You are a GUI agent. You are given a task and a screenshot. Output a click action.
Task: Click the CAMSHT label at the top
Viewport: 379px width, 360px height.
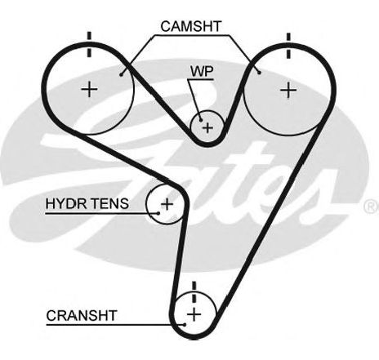coord(191,26)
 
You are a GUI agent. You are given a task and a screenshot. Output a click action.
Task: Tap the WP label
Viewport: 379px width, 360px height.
coord(202,71)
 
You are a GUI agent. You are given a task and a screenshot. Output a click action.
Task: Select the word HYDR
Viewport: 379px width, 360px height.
coord(65,203)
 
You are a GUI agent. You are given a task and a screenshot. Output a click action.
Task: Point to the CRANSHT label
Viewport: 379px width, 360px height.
coord(82,316)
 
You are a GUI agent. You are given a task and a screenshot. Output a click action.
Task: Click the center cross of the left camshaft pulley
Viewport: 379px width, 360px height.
coord(89,89)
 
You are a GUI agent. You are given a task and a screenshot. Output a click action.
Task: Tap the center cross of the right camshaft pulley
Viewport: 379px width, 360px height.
coord(288,90)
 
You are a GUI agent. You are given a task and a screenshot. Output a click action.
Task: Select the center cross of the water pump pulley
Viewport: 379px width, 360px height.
coord(207,127)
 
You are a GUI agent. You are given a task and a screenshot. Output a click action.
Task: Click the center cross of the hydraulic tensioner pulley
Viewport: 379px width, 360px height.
coord(167,204)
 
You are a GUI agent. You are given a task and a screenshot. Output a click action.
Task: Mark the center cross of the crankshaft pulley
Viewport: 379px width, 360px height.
coord(194,314)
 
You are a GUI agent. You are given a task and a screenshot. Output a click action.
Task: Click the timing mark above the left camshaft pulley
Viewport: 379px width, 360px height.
coord(89,44)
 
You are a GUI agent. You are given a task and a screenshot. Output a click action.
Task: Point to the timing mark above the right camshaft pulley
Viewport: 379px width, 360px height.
coord(288,46)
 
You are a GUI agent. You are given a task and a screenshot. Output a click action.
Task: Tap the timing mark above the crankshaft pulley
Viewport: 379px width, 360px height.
coord(194,292)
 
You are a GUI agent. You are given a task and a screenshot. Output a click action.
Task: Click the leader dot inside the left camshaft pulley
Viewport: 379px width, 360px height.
coord(121,74)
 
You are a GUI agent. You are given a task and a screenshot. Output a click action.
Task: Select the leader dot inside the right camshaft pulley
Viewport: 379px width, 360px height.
coord(260,73)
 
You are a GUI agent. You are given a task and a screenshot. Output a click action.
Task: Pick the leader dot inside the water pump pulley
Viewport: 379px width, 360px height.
coord(201,120)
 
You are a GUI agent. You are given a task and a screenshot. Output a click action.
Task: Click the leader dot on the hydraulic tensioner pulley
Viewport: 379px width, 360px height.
coord(158,213)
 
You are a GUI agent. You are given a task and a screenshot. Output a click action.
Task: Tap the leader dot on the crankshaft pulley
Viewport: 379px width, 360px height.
coord(185,324)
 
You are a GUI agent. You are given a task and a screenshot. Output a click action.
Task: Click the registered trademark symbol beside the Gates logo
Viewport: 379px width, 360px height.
coord(372,207)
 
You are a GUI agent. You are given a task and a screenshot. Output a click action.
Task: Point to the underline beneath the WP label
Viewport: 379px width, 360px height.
coord(200,79)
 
